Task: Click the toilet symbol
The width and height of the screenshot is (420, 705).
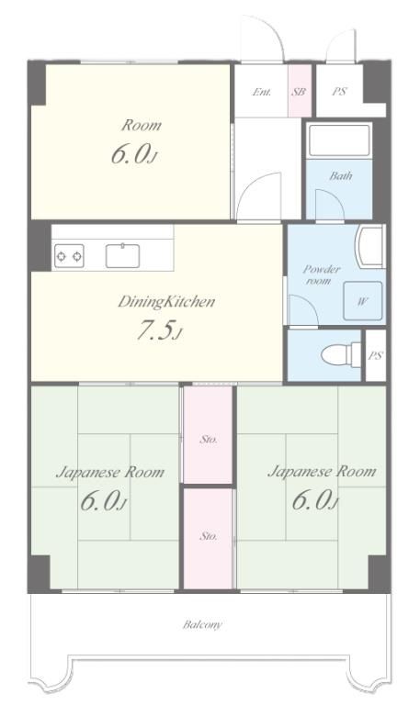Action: (x=341, y=354)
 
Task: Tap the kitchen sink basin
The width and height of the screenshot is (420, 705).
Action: (x=122, y=256)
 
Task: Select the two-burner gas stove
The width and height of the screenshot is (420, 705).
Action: (x=69, y=256)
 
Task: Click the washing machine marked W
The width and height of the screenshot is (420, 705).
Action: (x=363, y=301)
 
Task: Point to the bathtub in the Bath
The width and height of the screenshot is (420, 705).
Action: (x=339, y=140)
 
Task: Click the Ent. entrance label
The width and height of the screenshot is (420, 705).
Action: (x=262, y=92)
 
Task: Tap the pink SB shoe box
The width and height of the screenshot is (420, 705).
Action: (x=300, y=91)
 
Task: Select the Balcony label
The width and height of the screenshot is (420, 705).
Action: (x=202, y=624)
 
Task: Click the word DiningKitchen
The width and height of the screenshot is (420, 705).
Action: (x=166, y=302)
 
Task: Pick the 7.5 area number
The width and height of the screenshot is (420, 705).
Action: (x=154, y=330)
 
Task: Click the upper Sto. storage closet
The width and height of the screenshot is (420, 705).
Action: (x=208, y=435)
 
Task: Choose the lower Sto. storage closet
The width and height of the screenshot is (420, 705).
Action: (x=208, y=538)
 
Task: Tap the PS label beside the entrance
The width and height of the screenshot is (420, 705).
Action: (x=340, y=91)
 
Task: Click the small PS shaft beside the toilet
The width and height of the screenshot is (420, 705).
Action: (x=376, y=355)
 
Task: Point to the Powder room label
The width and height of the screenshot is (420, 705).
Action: (x=321, y=274)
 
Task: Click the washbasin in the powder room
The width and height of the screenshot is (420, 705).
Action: (x=369, y=246)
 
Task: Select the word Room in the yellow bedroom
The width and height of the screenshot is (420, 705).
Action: (x=141, y=125)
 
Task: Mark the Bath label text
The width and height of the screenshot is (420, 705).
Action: (x=341, y=175)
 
